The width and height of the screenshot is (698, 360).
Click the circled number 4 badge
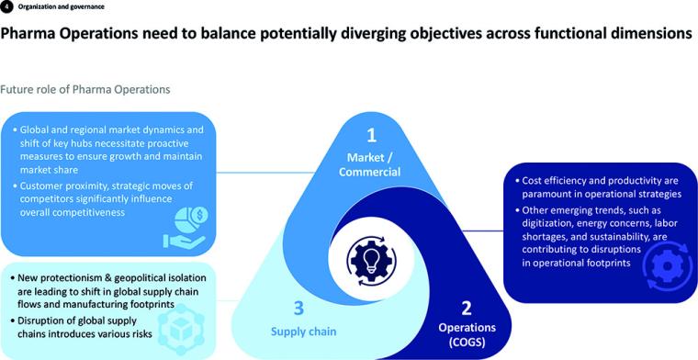tap(7, 7)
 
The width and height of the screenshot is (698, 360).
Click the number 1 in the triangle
tap(372, 135)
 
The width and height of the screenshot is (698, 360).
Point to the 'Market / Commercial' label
tap(372, 163)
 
